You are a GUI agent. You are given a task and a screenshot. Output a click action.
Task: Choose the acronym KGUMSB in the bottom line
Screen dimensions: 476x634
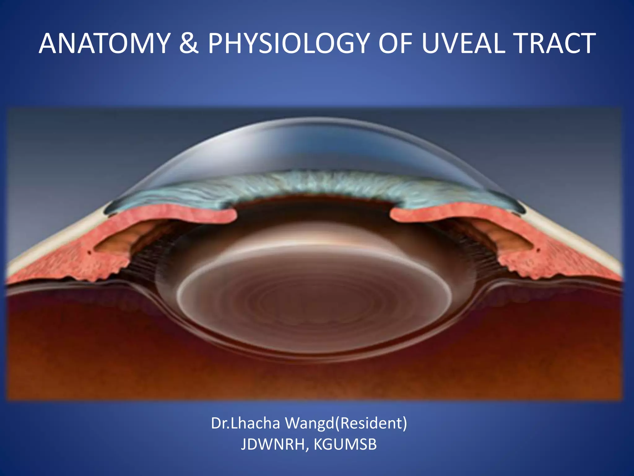tap(345, 445)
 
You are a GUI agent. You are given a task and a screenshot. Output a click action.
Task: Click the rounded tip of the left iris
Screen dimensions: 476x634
tap(231, 215)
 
